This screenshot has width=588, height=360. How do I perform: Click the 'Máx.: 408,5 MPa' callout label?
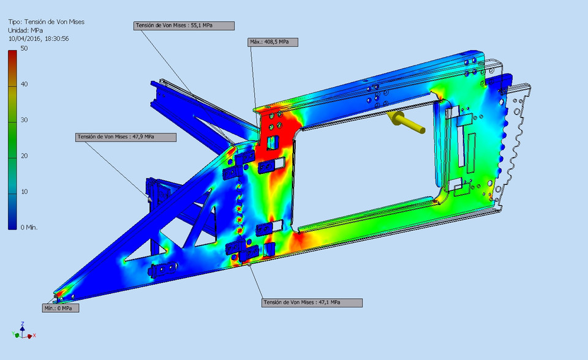click(x=273, y=42)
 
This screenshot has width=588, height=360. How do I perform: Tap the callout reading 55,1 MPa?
click(x=184, y=26)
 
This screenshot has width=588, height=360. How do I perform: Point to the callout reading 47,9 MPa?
click(x=126, y=137)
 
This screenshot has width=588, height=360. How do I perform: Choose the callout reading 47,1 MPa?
click(x=312, y=302)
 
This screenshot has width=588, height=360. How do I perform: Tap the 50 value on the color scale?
click(x=24, y=48)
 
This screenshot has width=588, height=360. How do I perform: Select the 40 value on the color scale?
click(x=24, y=84)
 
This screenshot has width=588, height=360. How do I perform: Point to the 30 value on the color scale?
click(x=24, y=120)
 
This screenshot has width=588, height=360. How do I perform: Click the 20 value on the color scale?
click(x=24, y=156)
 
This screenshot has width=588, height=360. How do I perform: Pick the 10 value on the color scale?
click(x=24, y=192)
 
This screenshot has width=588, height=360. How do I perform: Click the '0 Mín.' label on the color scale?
click(x=29, y=227)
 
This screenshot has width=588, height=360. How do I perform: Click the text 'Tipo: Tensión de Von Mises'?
click(x=46, y=21)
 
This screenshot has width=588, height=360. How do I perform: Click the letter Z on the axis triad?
click(x=23, y=323)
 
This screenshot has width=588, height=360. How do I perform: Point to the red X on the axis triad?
click(x=34, y=336)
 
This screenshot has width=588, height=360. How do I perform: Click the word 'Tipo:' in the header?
click(x=15, y=21)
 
